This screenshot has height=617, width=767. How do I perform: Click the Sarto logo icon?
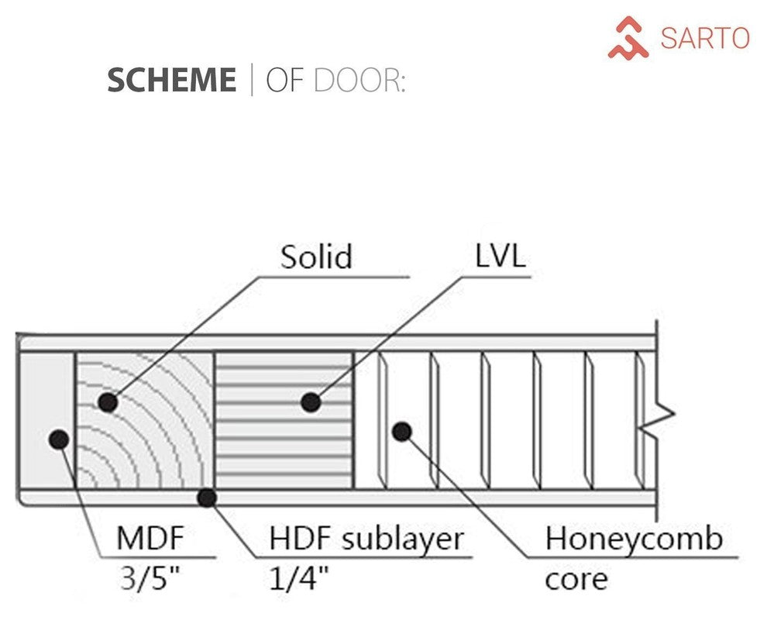point(628,38)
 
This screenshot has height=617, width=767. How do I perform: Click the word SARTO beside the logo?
point(704,38)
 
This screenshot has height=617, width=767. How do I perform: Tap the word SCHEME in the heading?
point(171,81)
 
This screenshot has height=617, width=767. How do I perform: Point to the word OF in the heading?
point(284,81)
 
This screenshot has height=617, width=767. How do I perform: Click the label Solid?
point(316,257)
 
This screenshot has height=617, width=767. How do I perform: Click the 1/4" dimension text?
point(298,577)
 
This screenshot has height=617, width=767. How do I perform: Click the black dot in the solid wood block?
point(108,402)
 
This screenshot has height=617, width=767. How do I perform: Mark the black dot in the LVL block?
point(311,402)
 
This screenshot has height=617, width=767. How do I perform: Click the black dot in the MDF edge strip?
point(58,439)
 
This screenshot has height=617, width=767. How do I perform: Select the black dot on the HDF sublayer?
point(206,497)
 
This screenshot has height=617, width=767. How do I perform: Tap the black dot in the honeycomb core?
point(401,431)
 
